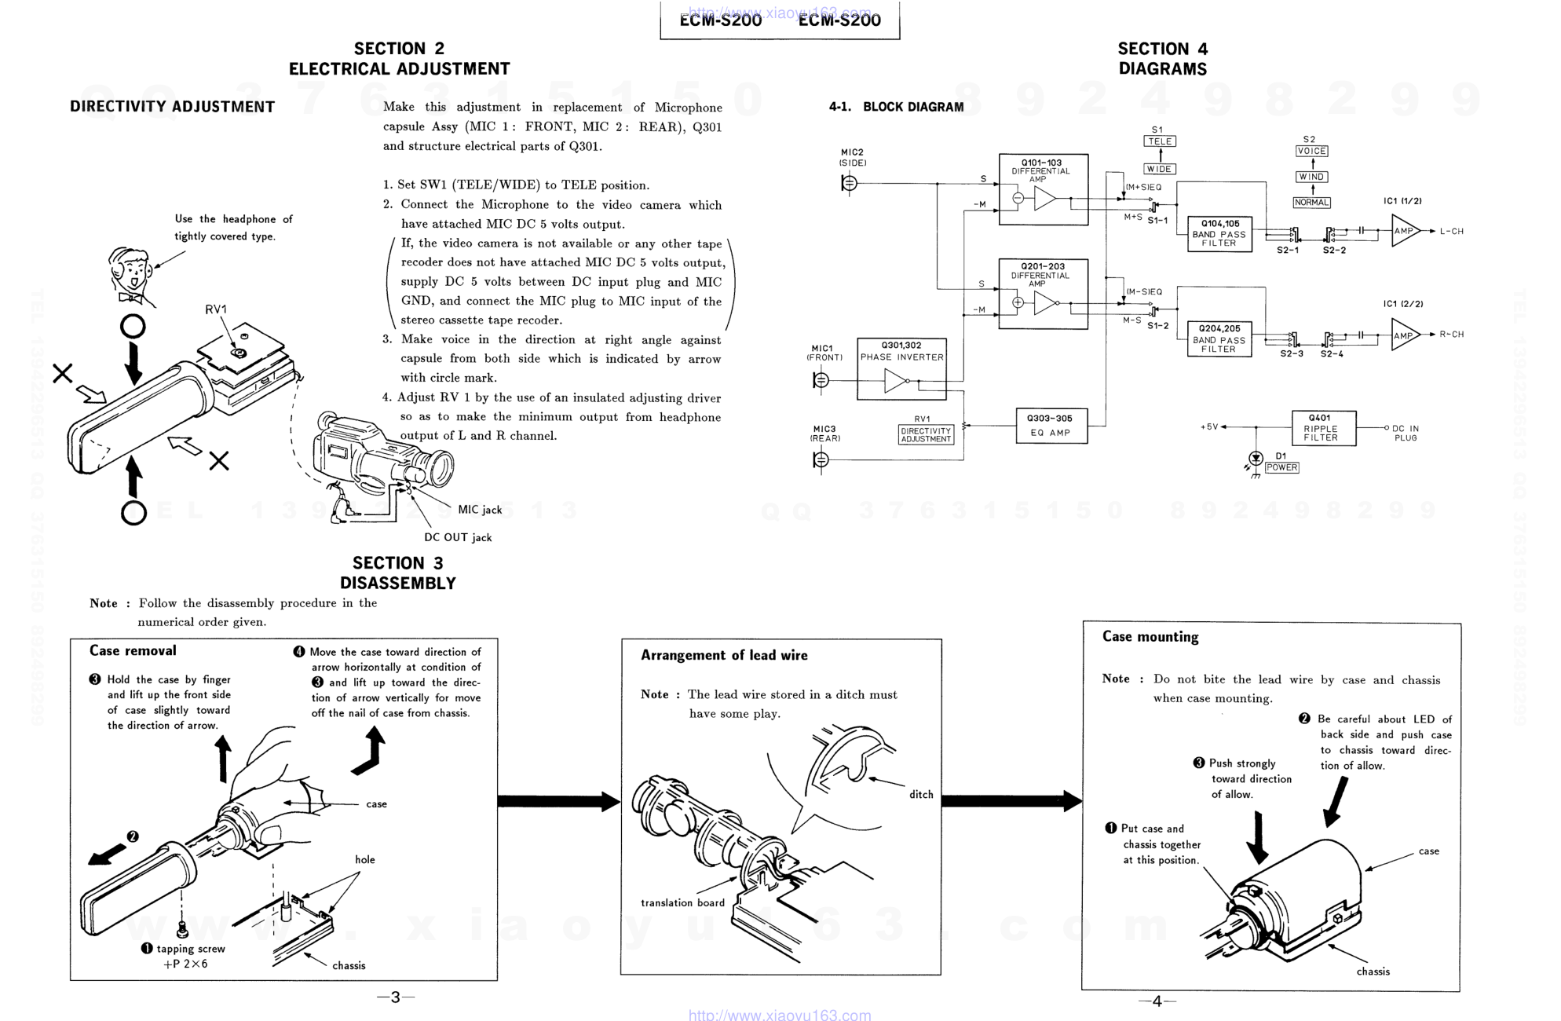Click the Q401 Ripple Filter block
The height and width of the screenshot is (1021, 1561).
1324,428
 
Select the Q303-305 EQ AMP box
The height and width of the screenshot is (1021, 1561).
1051,426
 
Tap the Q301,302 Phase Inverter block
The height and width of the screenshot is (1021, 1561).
901,369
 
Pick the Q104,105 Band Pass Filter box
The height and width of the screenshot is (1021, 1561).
1219,233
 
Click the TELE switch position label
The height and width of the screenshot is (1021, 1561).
1159,141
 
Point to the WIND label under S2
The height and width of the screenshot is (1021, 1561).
1311,177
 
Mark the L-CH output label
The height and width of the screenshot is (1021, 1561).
1451,232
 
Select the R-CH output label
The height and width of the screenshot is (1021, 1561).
1451,335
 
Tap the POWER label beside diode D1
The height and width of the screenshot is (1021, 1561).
1281,467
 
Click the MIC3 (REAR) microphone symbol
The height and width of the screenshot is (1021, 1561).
821,459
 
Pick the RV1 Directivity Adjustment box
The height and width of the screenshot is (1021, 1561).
926,435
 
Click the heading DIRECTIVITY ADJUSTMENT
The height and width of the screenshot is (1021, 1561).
172,107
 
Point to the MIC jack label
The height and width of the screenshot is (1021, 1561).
480,510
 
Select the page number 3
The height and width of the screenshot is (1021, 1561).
395,997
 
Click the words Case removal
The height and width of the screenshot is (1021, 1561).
133,650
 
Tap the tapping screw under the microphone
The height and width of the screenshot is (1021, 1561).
183,930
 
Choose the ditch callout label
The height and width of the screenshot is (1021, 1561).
921,795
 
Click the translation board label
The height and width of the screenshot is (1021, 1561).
682,903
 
